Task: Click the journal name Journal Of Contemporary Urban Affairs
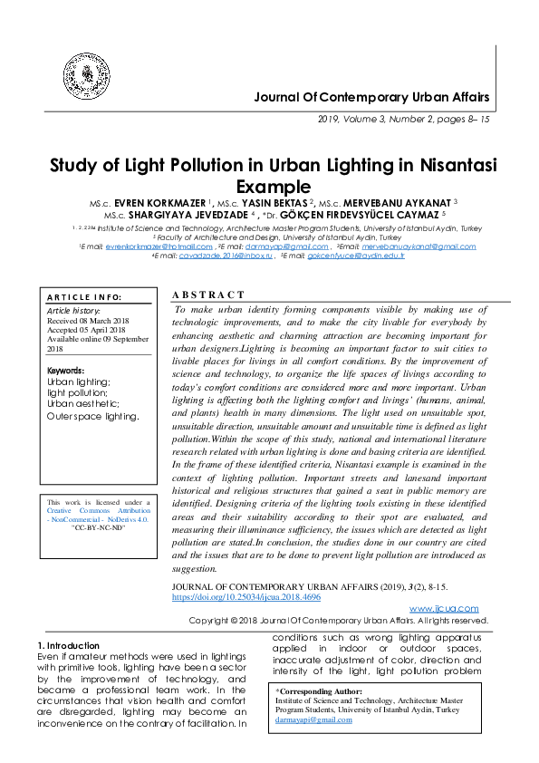[371, 97]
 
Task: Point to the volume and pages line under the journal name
[403, 119]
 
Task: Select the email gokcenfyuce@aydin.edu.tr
[356, 256]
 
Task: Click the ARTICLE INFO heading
[84, 297]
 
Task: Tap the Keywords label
[65, 371]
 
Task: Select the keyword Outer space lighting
[92, 417]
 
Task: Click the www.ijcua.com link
[444, 608]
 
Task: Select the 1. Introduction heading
[74, 644]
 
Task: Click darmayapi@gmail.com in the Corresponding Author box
[313, 719]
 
